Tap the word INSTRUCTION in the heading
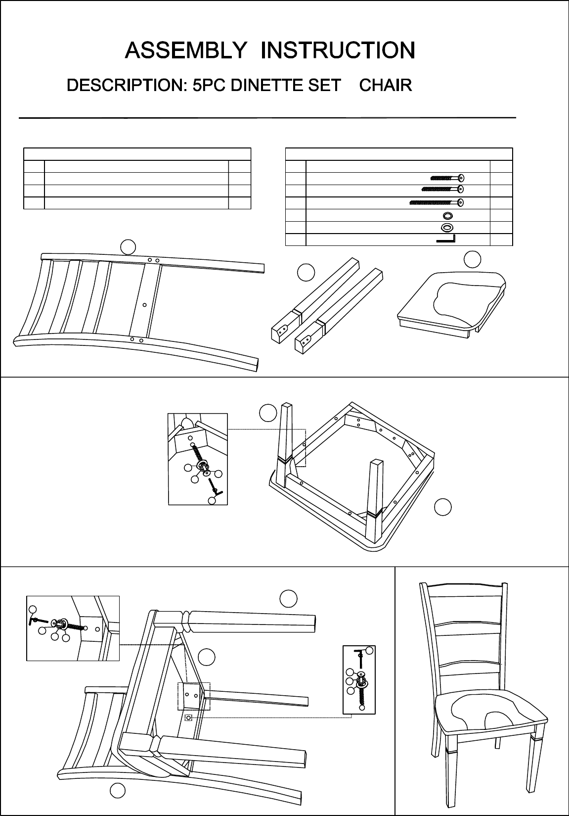(x=338, y=50)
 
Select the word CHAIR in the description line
(x=386, y=85)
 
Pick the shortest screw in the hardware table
(x=447, y=178)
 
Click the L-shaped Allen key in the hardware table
(x=446, y=239)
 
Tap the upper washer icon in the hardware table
(x=447, y=215)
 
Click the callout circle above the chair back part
(x=128, y=246)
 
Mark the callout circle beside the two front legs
(x=306, y=272)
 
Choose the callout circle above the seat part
(x=473, y=259)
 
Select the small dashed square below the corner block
(x=188, y=718)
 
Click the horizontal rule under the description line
(x=267, y=118)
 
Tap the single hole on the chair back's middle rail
(x=144, y=305)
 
